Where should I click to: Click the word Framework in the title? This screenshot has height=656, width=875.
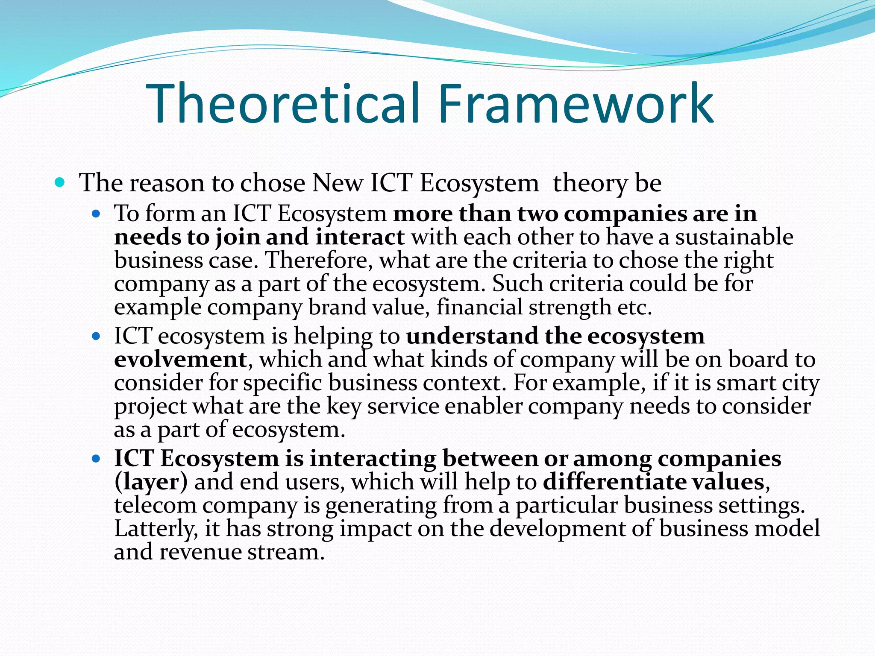pyautogui.click(x=575, y=104)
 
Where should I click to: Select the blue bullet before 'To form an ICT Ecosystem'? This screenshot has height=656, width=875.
pyautogui.click(x=96, y=214)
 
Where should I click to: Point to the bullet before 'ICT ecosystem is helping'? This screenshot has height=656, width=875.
pyautogui.click(x=96, y=337)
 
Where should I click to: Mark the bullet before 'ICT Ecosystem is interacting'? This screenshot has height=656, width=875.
pyautogui.click(x=96, y=459)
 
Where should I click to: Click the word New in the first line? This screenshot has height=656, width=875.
pyautogui.click(x=337, y=183)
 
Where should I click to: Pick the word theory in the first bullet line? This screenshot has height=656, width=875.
pyautogui.click(x=590, y=184)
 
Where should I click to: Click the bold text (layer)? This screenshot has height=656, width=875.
pyautogui.click(x=151, y=482)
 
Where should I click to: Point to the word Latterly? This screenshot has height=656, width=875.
pyautogui.click(x=156, y=529)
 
